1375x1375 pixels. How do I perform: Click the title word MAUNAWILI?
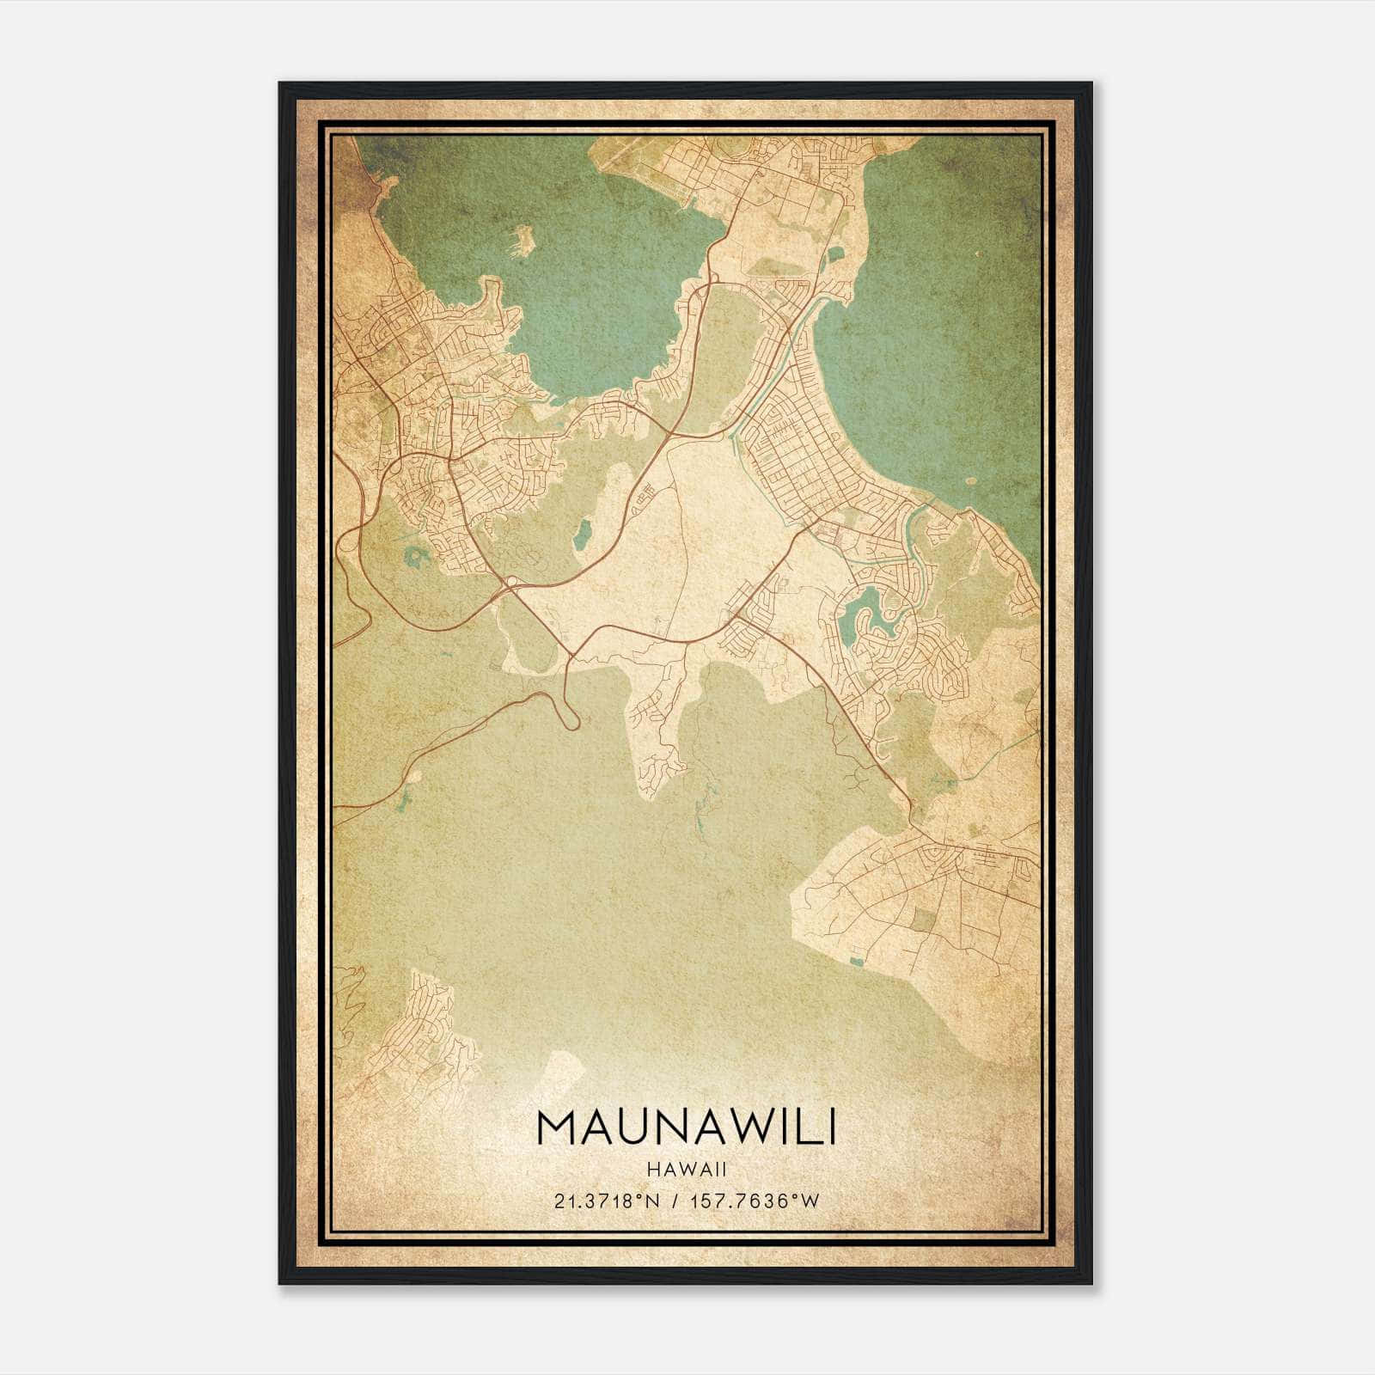pos(687,1128)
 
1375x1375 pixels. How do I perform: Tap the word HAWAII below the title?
pos(687,1170)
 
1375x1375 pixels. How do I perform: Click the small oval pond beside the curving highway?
pos(582,534)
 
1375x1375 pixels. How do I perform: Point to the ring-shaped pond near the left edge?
pos(417,559)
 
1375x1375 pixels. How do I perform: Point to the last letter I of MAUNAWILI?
pos(829,1128)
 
